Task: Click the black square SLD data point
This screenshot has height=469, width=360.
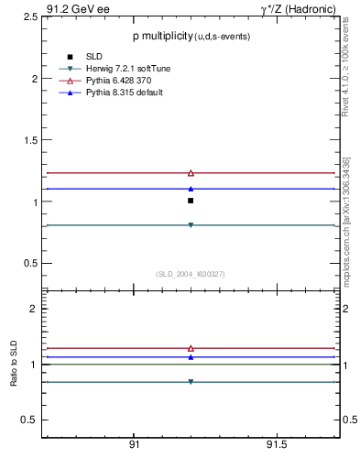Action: point(191,200)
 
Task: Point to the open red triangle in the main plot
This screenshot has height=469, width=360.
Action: point(191,172)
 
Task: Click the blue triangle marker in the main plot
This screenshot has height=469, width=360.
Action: point(191,188)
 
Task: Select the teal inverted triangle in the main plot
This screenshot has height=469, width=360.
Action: point(191,224)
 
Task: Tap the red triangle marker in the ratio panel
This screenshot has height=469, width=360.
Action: point(191,348)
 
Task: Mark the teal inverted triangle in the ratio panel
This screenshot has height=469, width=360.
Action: point(191,382)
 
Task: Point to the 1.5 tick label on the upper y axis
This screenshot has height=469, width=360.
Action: point(27,140)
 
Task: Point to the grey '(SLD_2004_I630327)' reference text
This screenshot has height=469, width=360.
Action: point(191,273)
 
